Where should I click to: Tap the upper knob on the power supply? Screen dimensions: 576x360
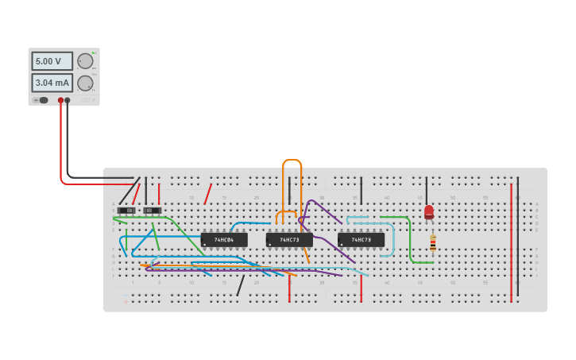pos(85,61)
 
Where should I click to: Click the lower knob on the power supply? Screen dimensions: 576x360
pos(85,83)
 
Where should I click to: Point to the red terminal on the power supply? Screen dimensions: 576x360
pos(60,100)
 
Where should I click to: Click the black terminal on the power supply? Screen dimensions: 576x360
pos(68,100)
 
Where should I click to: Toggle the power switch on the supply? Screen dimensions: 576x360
pos(42,100)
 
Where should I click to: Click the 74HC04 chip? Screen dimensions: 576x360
pos(224,239)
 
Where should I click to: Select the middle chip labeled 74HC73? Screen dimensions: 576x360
pos(289,239)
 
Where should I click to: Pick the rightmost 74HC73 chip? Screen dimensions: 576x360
pos(361,239)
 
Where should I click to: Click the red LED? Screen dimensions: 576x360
pos(429,212)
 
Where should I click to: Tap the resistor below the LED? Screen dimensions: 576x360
pos(433,242)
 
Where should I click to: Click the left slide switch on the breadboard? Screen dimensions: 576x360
pos(126,211)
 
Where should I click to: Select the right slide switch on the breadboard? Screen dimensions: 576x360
pos(152,211)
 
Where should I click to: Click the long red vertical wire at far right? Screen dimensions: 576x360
pos(511,238)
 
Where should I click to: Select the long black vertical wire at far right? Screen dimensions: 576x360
pos(518,238)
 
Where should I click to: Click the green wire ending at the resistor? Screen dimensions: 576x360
pos(411,242)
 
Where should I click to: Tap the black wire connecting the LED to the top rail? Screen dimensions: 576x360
pos(427,191)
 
